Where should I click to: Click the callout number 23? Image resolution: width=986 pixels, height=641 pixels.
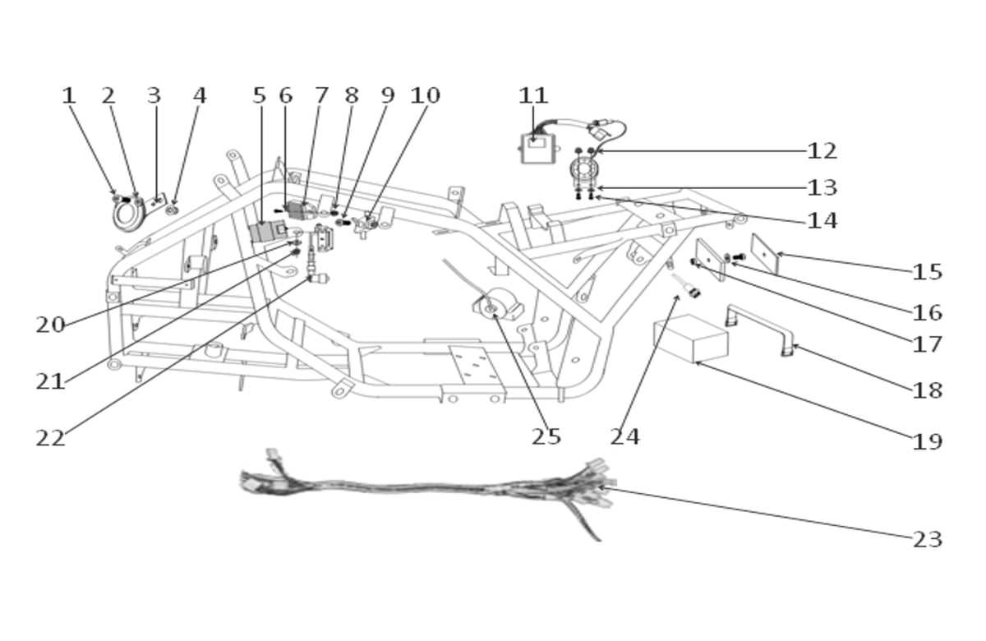[928, 540]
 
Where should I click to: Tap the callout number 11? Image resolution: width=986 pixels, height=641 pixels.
[533, 95]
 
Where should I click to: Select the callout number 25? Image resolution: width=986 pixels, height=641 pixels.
[546, 436]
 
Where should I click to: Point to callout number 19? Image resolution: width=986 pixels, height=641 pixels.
[928, 441]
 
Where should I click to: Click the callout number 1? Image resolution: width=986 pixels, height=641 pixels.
[69, 95]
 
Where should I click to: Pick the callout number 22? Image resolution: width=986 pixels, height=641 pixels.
[50, 438]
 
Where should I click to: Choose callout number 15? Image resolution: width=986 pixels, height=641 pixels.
[928, 272]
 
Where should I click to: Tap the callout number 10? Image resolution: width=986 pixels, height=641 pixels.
[425, 95]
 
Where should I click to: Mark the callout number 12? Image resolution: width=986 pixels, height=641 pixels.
[822, 151]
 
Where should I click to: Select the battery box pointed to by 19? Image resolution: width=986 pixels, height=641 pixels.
[690, 338]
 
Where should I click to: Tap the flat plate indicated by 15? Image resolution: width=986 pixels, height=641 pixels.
[765, 254]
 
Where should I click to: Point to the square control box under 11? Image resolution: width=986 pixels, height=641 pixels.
[538, 149]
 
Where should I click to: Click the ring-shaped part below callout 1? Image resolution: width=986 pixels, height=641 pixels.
[129, 214]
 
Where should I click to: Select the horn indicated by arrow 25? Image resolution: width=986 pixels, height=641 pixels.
[496, 304]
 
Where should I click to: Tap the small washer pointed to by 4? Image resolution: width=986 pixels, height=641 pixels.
[172, 210]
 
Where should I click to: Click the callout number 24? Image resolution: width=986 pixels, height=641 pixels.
[624, 436]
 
